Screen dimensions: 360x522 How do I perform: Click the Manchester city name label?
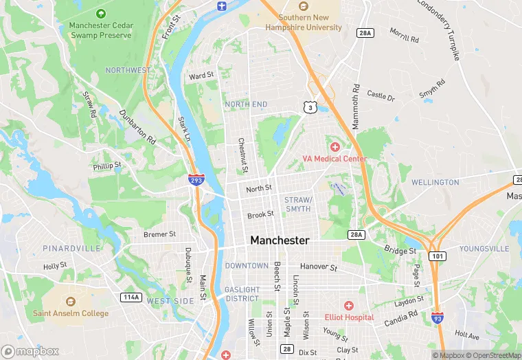[280, 240]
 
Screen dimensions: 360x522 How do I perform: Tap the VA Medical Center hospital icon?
[335, 147]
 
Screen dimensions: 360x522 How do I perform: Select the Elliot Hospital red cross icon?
[349, 305]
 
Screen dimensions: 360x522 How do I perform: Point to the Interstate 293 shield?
[196, 180]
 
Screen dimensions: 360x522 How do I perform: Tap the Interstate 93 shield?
[438, 317]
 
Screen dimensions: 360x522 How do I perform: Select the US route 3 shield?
[311, 107]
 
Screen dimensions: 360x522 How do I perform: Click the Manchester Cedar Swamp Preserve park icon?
[101, 13]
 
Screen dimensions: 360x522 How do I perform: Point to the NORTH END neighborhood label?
[246, 104]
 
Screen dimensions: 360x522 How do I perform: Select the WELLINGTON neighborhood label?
[435, 182]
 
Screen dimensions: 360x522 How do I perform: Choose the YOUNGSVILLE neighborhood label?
[484, 248]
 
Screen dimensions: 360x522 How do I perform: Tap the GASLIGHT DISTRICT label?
[242, 294]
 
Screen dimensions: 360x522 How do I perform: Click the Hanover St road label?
[319, 267]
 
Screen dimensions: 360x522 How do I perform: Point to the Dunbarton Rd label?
[137, 126]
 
